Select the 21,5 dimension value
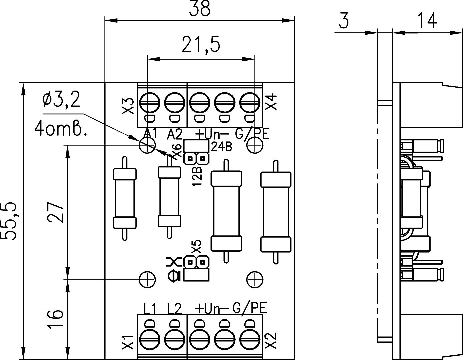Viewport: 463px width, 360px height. pos(201,45)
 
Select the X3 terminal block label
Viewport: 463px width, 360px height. pos(128,106)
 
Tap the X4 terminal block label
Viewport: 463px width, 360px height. pos(272,102)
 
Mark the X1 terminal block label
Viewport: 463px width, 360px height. pos(128,342)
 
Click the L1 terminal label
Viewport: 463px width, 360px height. pos(150,309)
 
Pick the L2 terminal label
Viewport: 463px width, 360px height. pos(174,309)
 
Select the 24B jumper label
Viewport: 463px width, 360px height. pos(221,147)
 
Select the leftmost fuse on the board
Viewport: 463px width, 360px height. pos(125,198)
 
